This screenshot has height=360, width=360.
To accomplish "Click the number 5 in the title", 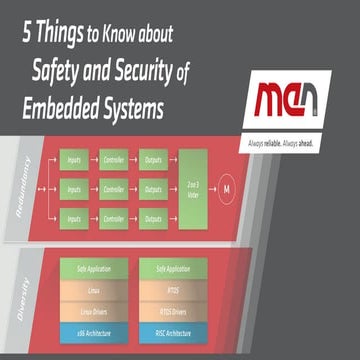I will tap(23, 32).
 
